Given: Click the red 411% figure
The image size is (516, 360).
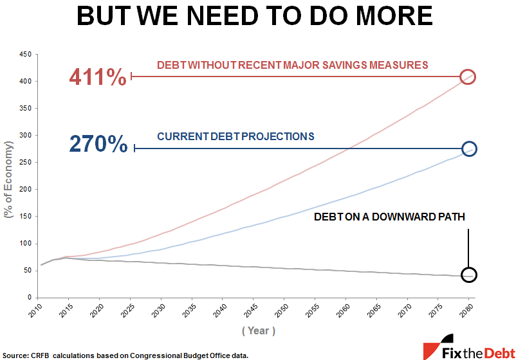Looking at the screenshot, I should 98,77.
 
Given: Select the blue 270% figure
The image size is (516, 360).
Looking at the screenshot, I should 98,144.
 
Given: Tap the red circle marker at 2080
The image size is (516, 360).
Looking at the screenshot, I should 468,77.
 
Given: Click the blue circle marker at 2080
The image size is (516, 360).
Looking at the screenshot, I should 469,148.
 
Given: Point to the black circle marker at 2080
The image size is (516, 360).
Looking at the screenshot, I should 469,274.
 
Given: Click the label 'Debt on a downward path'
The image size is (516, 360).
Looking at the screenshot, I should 389,217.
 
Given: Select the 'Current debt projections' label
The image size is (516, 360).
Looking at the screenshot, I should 235,136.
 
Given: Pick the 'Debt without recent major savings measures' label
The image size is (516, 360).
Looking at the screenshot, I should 293,65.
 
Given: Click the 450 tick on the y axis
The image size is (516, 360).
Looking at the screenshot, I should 25,55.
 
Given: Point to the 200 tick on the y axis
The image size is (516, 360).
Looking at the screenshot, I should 25,190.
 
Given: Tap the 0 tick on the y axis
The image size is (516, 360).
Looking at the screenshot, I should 29,298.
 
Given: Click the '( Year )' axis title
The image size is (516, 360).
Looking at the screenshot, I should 259,330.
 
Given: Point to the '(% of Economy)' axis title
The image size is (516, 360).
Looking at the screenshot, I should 9,177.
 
